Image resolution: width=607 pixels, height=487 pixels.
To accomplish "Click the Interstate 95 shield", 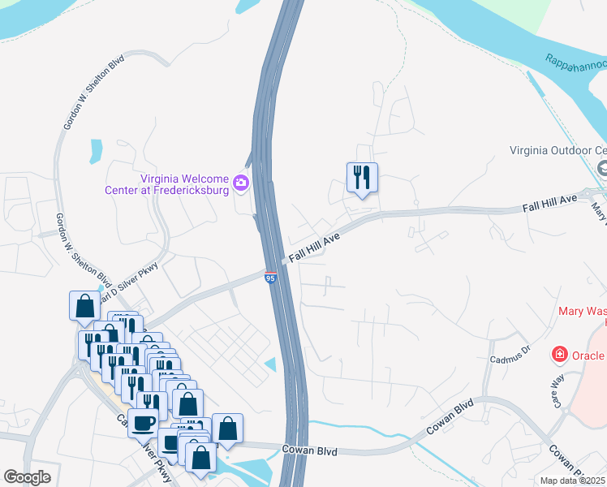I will click(271, 278).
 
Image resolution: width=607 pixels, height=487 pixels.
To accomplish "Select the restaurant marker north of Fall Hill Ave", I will click(362, 178).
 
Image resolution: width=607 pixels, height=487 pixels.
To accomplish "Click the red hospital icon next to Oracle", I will click(559, 355).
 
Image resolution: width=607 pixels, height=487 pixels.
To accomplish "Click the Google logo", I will click(27, 477).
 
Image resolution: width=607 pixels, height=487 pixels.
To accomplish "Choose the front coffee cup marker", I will click(144, 423).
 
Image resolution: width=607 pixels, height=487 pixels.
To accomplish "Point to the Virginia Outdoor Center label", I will click(557, 150).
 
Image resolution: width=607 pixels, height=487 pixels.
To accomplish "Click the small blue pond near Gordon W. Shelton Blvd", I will click(97, 150).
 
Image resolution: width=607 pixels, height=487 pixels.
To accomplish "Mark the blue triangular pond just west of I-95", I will click(270, 365).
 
